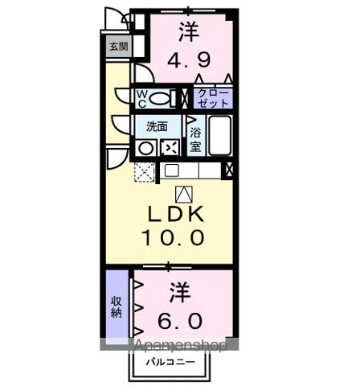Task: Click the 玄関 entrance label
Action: coord(117,47)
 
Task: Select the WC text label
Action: coord(141,98)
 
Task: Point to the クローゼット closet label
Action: coord(214,98)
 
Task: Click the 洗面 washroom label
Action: coord(157,126)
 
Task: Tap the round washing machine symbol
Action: coord(145,147)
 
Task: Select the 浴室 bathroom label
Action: coord(195,136)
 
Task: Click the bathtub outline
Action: coord(221,136)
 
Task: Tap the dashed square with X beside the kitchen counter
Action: coord(145,171)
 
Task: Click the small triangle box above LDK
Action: coord(183,193)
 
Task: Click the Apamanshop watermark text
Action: coord(181,345)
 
